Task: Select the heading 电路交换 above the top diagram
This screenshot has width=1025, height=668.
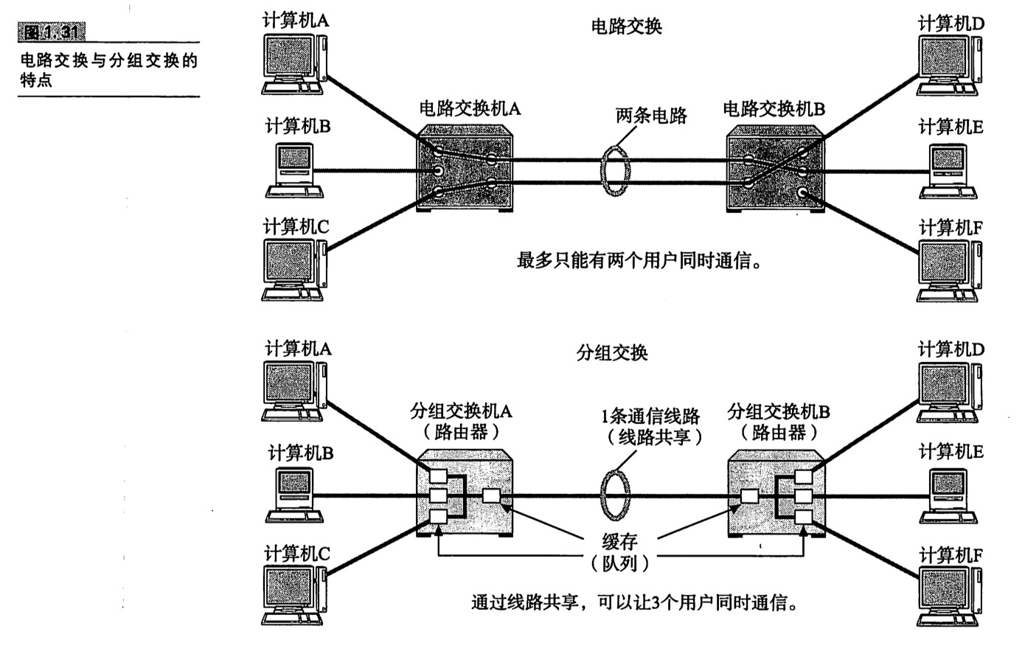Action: pyautogui.click(x=626, y=27)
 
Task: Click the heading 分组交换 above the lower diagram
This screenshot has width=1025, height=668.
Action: pyautogui.click(x=611, y=353)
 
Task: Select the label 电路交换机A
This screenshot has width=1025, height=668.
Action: pyautogui.click(x=469, y=109)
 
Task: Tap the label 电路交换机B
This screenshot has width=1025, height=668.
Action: pyautogui.click(x=774, y=109)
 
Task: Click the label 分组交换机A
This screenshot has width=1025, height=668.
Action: pyautogui.click(x=461, y=411)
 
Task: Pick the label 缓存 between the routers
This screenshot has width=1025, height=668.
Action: pyautogui.click(x=619, y=543)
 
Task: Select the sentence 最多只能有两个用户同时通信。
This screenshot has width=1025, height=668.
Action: pyautogui.click(x=639, y=260)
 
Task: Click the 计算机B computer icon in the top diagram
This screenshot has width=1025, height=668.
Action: pyautogui.click(x=294, y=170)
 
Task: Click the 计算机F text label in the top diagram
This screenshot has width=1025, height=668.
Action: pyautogui.click(x=950, y=228)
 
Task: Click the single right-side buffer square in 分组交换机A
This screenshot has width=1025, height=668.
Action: pyautogui.click(x=491, y=495)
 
